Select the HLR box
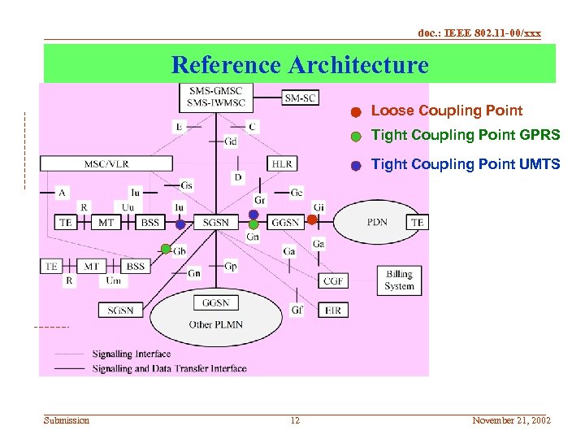pos(283,163)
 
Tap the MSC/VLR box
pos(106,163)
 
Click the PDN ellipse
pos(377,221)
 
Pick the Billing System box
pos(399,280)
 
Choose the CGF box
pos(334,280)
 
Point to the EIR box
pos(334,310)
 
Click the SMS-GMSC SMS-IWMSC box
pos(215,98)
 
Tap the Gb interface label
pos(180,251)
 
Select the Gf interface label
pos(297,310)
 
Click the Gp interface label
pos(231,267)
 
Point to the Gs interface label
pos(187,185)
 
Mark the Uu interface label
pos(128,207)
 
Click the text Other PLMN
pos(215,324)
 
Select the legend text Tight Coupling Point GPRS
pos(465,135)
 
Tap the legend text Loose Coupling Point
pos(446,111)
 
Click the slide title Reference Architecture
pos(300,64)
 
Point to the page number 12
pos(295,420)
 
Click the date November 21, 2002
pos(511,420)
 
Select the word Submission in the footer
pos(67,420)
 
